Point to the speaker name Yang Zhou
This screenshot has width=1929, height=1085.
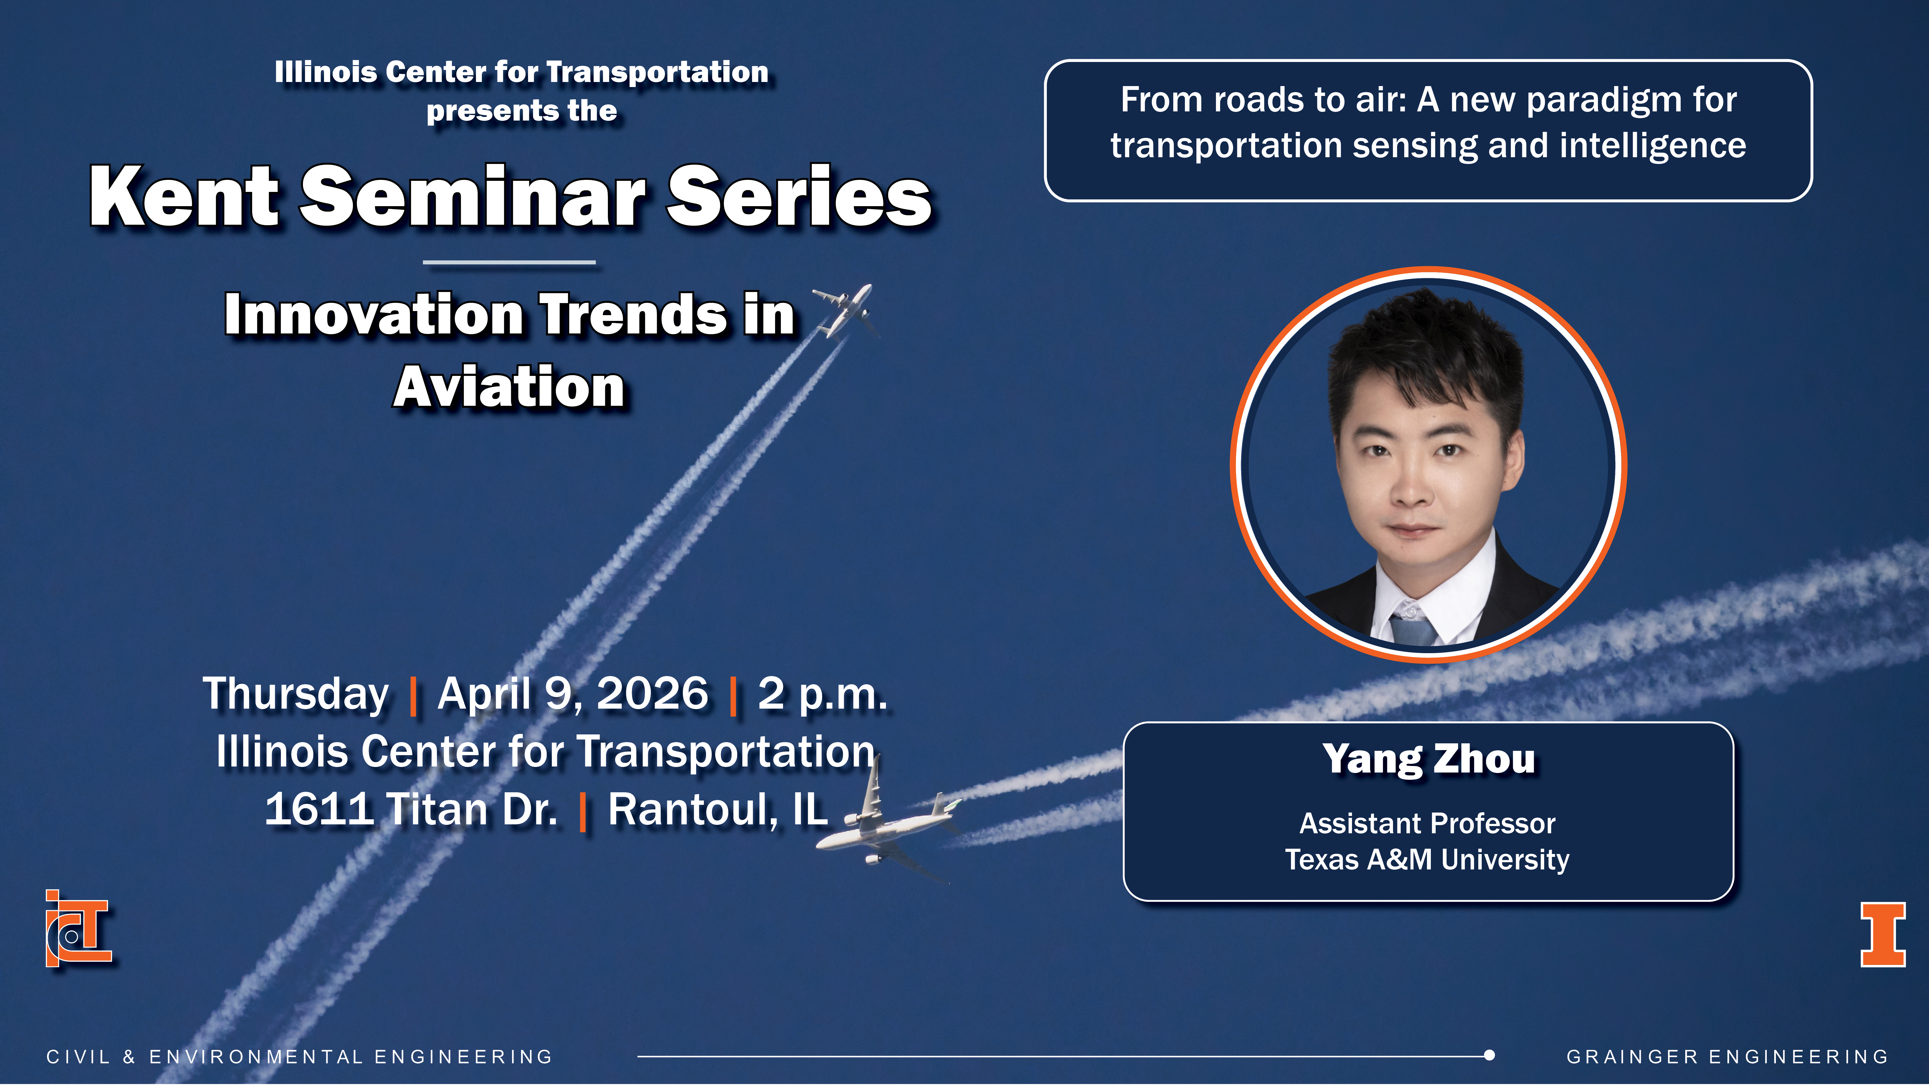coord(1429,759)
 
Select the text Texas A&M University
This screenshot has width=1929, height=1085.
coord(1427,860)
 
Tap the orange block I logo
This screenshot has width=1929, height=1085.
coord(1882,935)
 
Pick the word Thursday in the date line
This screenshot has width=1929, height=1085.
coord(296,693)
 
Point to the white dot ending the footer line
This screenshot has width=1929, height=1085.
coord(1489,1056)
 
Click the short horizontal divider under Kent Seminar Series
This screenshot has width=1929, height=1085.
coord(509,262)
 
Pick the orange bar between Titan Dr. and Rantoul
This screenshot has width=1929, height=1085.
coord(583,813)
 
